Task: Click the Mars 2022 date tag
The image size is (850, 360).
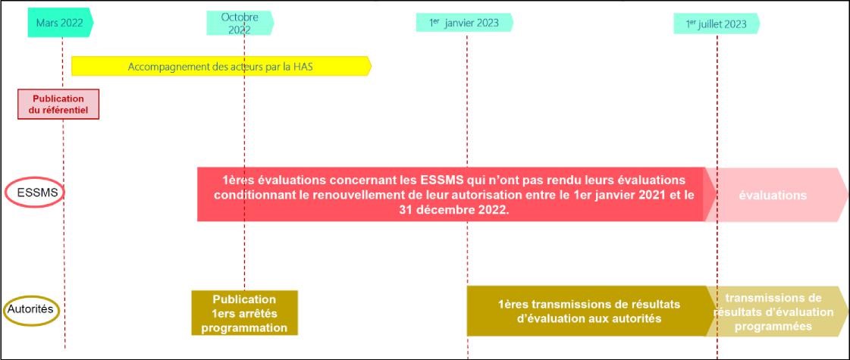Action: click(x=60, y=23)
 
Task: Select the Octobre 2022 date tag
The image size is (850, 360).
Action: click(x=240, y=23)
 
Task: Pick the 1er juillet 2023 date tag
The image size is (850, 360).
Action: click(x=717, y=23)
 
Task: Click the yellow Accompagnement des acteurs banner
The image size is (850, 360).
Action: click(x=221, y=67)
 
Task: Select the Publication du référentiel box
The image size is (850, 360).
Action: click(x=58, y=104)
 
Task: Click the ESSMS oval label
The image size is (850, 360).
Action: click(x=35, y=192)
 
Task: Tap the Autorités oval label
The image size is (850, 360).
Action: click(x=31, y=309)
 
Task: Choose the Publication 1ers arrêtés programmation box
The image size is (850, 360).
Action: click(x=244, y=313)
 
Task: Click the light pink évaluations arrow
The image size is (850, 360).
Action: click(x=775, y=196)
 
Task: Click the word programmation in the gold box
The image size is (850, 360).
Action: click(x=244, y=328)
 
